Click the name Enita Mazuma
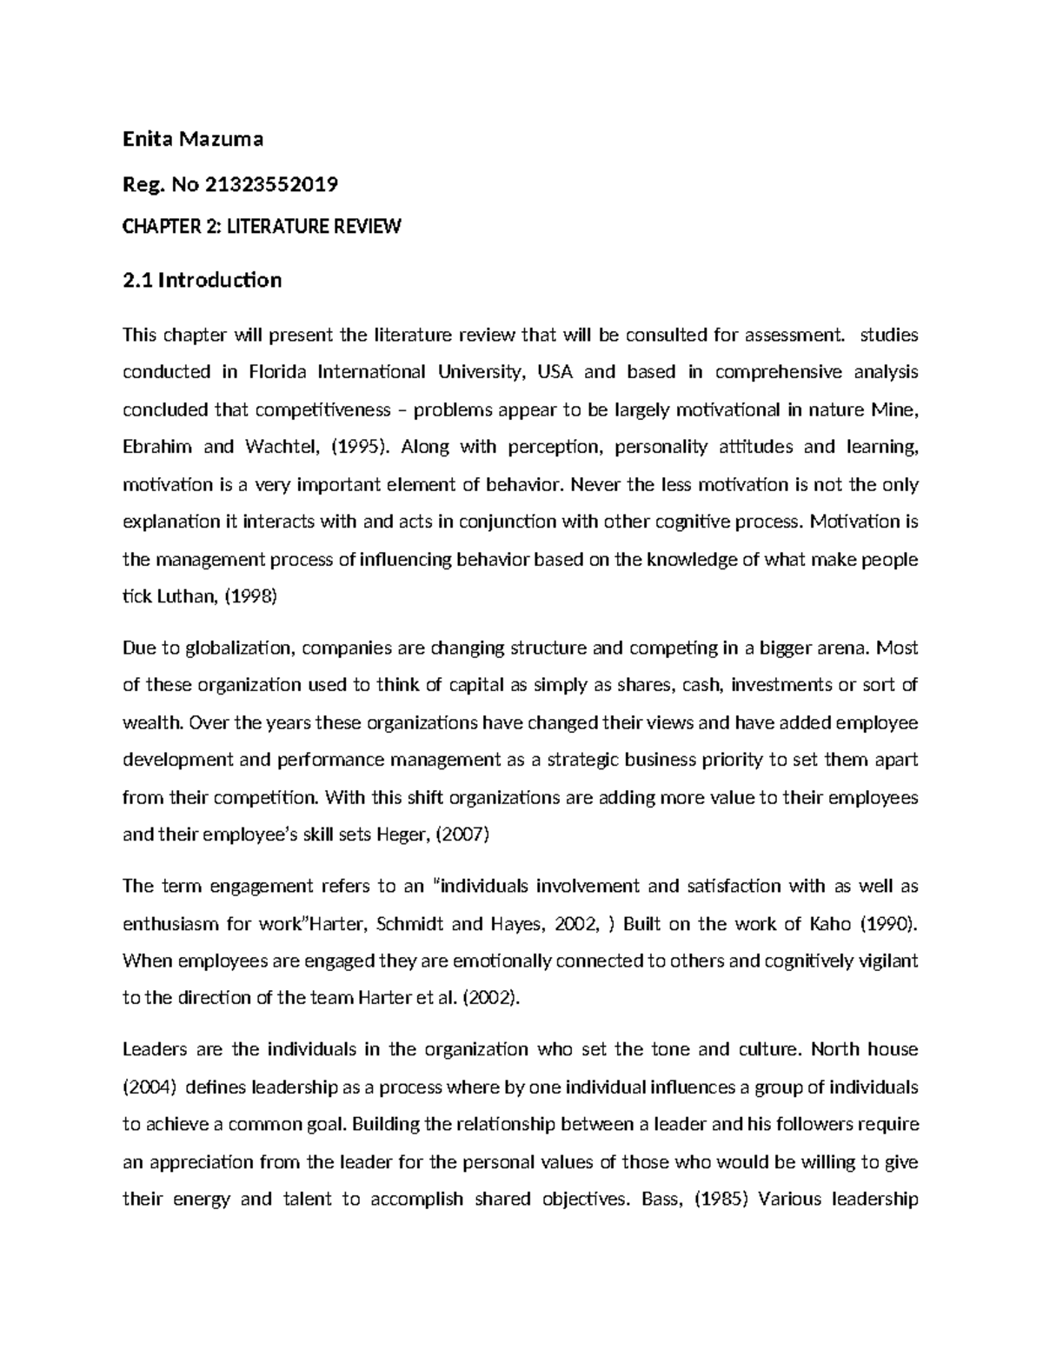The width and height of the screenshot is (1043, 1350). tap(192, 138)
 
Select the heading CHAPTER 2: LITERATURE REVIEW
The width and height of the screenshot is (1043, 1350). tap(262, 227)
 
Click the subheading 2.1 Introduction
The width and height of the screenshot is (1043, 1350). tap(202, 280)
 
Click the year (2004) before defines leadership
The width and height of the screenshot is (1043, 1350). tap(149, 1087)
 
